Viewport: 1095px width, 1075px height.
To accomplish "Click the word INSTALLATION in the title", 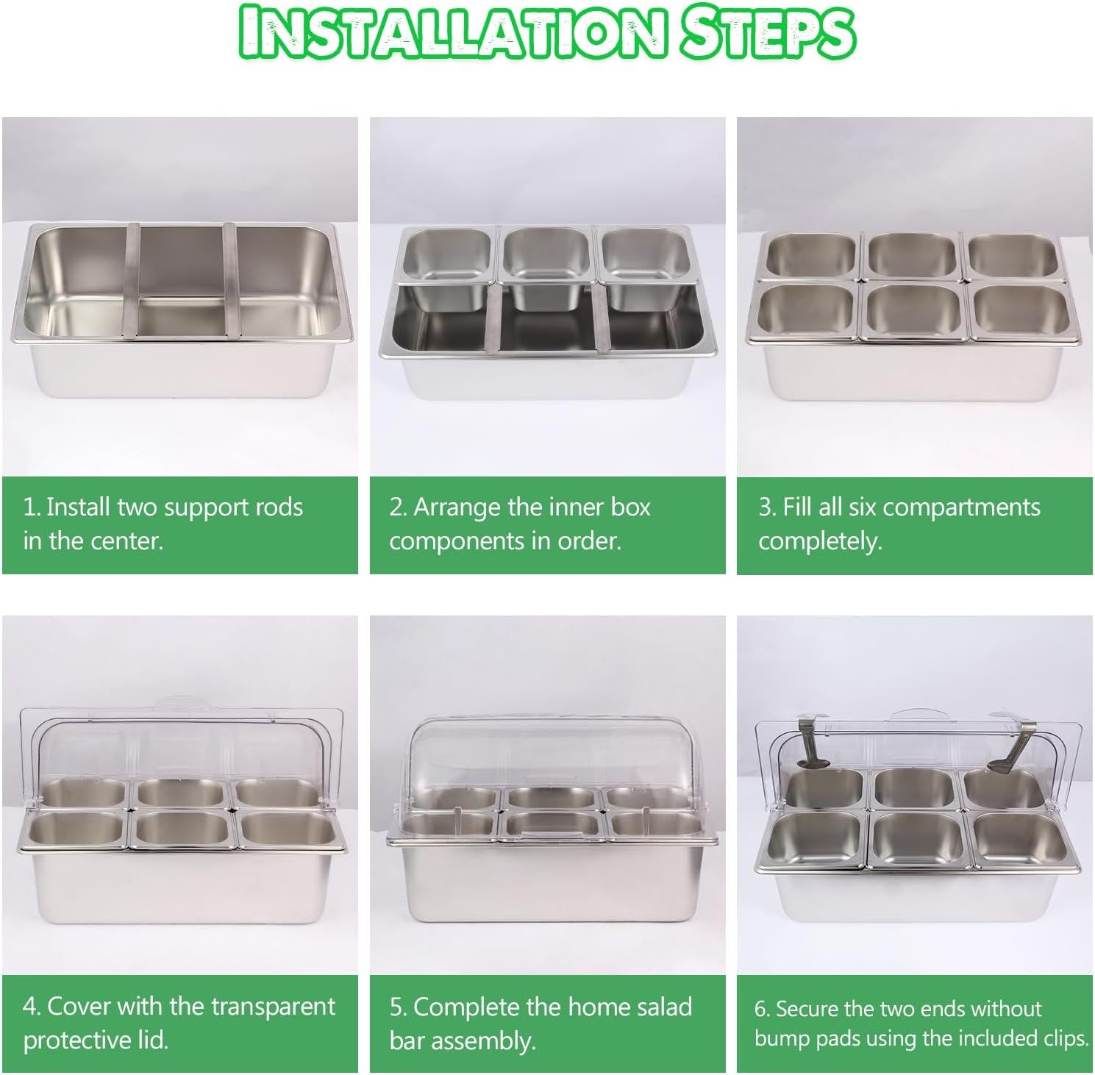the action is [450, 33].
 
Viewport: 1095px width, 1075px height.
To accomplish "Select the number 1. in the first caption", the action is [31, 507].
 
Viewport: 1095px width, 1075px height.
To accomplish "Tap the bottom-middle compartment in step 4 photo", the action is [180, 828].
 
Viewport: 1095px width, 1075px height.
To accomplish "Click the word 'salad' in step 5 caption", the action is [655, 1007].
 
